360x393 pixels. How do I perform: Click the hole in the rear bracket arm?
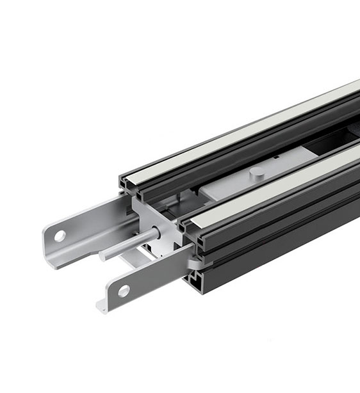pos(60,236)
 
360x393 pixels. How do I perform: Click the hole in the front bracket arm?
pos(124,291)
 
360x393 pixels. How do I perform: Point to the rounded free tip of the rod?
pos(103,256)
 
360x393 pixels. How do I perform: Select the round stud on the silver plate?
pos(255,172)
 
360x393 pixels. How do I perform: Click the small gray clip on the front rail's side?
pos(193,262)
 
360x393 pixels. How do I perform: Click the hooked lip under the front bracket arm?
pos(101,305)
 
